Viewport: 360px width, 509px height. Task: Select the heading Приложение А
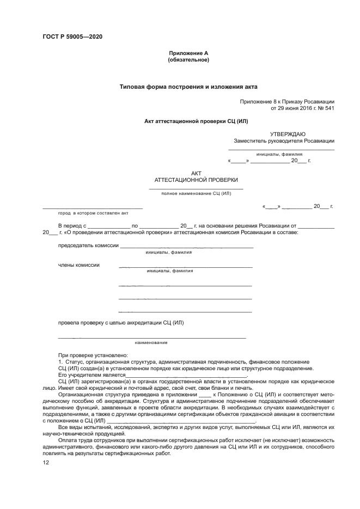click(x=188, y=53)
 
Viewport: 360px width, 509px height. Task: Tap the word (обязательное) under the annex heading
click(x=188, y=59)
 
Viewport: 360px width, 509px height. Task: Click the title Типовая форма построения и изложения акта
click(x=188, y=86)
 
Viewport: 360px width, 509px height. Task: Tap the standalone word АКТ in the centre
click(x=196, y=173)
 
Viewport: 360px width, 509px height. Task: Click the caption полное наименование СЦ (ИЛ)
click(x=196, y=193)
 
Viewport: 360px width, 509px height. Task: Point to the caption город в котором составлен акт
click(x=86, y=214)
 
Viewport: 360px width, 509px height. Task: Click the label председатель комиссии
click(x=88, y=246)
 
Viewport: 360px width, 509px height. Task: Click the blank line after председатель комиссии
click(x=187, y=247)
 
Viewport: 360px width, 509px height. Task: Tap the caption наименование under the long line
click(x=151, y=342)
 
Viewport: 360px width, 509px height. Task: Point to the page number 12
click(x=46, y=463)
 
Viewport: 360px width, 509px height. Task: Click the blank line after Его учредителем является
click(x=186, y=376)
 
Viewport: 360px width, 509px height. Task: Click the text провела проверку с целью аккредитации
click(x=121, y=322)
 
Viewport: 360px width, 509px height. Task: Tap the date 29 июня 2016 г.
click(x=292, y=108)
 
